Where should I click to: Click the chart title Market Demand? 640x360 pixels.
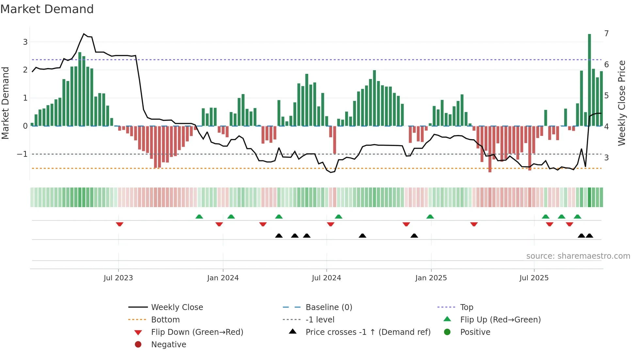coord(47,9)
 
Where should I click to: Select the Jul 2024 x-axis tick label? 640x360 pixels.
coord(326,278)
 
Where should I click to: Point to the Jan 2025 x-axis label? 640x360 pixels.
coord(431,278)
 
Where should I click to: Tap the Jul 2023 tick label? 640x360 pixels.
coord(118,278)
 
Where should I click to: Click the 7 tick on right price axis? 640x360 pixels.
coord(606,34)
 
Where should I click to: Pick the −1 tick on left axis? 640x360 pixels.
coord(22,154)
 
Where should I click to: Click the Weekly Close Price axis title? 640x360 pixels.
coord(622,103)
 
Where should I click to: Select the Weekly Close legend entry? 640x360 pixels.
coord(177,307)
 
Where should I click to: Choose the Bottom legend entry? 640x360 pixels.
coord(165,320)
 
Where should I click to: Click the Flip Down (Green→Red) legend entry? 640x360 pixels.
coord(197,332)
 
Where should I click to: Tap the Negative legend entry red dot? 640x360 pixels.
coord(138,345)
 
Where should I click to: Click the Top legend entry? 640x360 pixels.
coord(466,307)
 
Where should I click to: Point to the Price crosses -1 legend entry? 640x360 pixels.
coord(368,332)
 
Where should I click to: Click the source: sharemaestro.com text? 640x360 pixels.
coord(578,256)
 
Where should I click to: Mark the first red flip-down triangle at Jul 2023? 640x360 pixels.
coord(120,224)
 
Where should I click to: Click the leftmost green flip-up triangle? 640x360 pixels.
coord(199,217)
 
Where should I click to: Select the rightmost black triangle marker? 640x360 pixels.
coord(589,236)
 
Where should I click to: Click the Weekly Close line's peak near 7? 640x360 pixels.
coord(84,34)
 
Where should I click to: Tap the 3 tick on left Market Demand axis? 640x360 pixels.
coord(25,42)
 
